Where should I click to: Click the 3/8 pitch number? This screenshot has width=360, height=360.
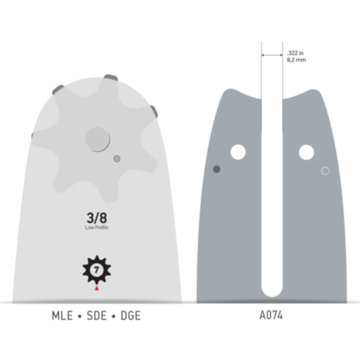point(97,217)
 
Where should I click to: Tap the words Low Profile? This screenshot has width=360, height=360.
point(97,227)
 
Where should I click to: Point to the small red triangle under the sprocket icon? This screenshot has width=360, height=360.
point(97,289)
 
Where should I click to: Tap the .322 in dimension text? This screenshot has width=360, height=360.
point(295,52)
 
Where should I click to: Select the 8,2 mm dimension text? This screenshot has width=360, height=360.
point(296,59)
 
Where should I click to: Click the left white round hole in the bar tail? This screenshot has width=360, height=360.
point(238,151)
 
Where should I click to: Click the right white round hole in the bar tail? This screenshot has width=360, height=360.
point(306,151)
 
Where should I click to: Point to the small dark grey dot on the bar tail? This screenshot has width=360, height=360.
point(217,168)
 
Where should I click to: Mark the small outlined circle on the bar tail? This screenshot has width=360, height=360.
point(325,170)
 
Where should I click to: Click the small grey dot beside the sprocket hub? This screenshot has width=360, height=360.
point(117,158)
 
